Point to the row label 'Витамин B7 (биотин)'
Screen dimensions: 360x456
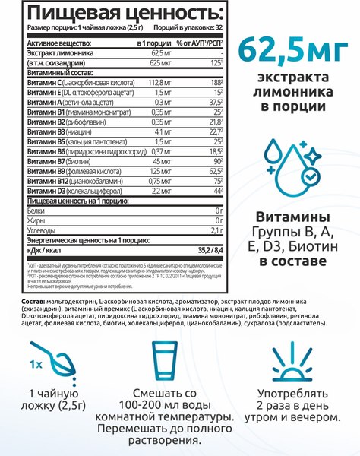(x=46, y=161)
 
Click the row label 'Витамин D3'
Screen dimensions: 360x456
(x=29, y=192)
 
